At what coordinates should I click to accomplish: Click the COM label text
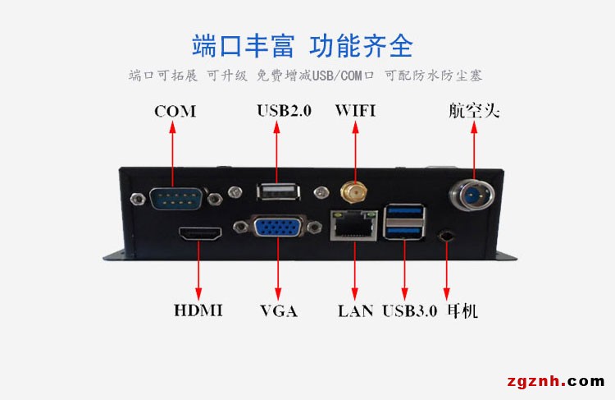[175, 111]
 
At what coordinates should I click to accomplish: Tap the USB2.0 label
[285, 111]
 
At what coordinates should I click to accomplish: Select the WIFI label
[355, 111]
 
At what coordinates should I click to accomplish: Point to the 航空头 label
[474, 110]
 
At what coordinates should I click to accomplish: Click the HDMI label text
[198, 310]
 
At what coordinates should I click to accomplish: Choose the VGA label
[279, 310]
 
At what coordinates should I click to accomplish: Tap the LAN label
[355, 310]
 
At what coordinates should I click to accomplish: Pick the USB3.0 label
[409, 310]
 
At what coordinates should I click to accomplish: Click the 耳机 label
[462, 310]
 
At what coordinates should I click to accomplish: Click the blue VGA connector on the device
[277, 227]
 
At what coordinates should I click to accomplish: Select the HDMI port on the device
[200, 233]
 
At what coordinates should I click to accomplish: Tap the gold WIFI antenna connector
[354, 192]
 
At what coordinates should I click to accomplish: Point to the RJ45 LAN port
[353, 225]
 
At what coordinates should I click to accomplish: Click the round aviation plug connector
[471, 194]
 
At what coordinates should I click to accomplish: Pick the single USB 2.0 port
[278, 191]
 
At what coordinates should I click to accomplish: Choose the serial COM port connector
[176, 199]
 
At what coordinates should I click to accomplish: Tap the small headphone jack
[446, 237]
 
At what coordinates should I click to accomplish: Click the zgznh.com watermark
[556, 381]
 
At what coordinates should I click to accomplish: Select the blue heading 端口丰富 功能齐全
[303, 46]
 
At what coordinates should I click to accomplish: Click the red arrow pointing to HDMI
[198, 270]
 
